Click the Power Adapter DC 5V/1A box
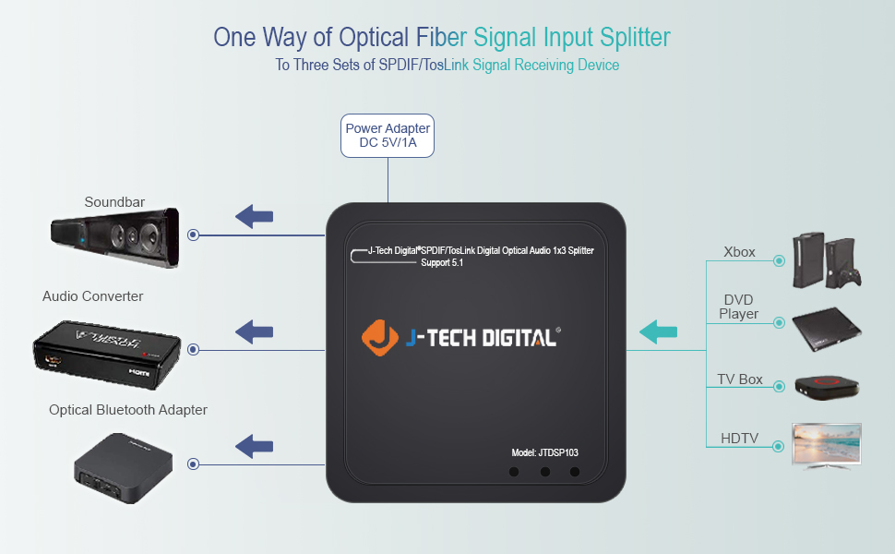click(388, 136)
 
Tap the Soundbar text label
click(114, 202)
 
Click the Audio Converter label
click(92, 296)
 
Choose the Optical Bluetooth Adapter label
click(128, 409)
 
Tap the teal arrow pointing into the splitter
click(659, 331)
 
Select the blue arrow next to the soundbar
click(254, 217)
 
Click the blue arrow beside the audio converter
click(254, 331)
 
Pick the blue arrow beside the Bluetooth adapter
click(254, 447)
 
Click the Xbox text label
click(739, 251)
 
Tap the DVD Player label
click(738, 307)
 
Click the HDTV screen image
click(827, 445)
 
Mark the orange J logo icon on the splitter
click(379, 337)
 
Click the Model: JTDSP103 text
click(544, 452)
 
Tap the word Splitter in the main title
click(631, 38)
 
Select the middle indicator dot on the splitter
click(544, 472)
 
